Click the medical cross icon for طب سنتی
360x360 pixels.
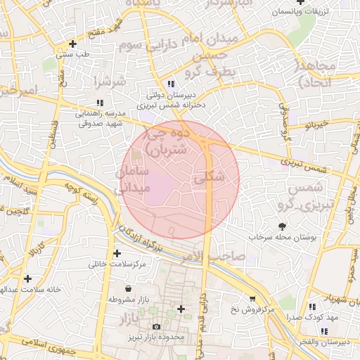click(72, 44)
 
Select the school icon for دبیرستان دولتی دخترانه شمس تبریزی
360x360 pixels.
click(172, 84)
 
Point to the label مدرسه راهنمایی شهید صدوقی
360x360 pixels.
click(99, 117)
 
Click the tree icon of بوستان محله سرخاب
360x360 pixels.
click(283, 226)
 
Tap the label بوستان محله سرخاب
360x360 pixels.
click(283, 238)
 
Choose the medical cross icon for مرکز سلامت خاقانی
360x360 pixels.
click(116, 253)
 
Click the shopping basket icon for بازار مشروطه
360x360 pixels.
click(127, 288)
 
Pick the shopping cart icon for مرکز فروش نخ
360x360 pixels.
click(252, 298)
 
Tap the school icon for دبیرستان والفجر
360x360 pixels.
click(311, 330)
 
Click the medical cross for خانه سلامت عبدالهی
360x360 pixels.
click(27, 278)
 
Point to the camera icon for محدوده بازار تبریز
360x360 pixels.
click(156, 326)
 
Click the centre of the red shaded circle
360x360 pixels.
click(181, 179)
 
